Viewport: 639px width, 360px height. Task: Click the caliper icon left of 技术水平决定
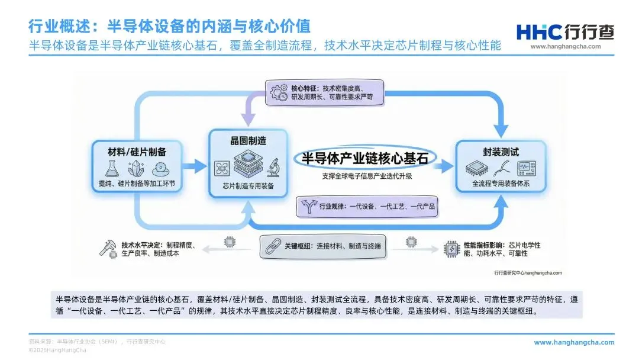108,249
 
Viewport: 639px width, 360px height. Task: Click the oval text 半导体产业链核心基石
365,158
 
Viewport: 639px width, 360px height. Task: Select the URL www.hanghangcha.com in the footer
573,342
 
